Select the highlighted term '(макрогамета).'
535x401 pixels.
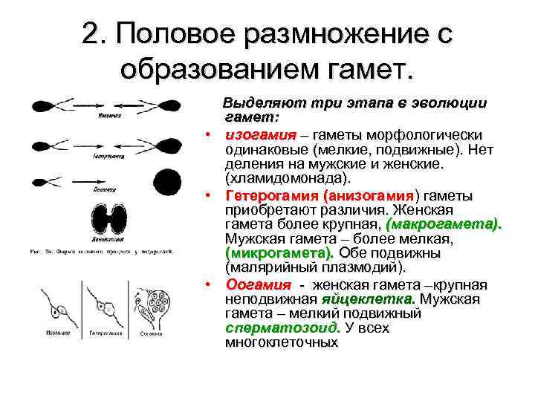point(444,224)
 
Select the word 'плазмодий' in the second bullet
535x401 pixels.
point(360,268)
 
